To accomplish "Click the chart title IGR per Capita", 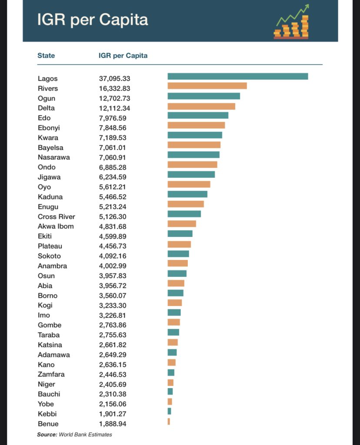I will coord(92,20).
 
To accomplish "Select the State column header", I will coord(46,56).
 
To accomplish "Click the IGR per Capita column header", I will coord(123,56).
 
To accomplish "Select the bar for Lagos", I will coord(237,76).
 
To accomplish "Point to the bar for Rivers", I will coord(207,86).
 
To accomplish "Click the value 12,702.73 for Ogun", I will coord(114,98).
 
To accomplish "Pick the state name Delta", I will coord(46,108).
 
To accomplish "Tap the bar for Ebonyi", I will coord(196,125).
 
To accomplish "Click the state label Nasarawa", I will coord(53,157).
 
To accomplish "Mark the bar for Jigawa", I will coord(191,174).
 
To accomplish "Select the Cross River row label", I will coord(57,216).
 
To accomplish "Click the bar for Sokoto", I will coord(178,253).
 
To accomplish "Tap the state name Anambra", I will coord(52,266).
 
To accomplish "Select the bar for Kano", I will coord(171,362).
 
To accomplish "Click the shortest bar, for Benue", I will coord(169,421).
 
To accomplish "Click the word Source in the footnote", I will coord(47,435).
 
